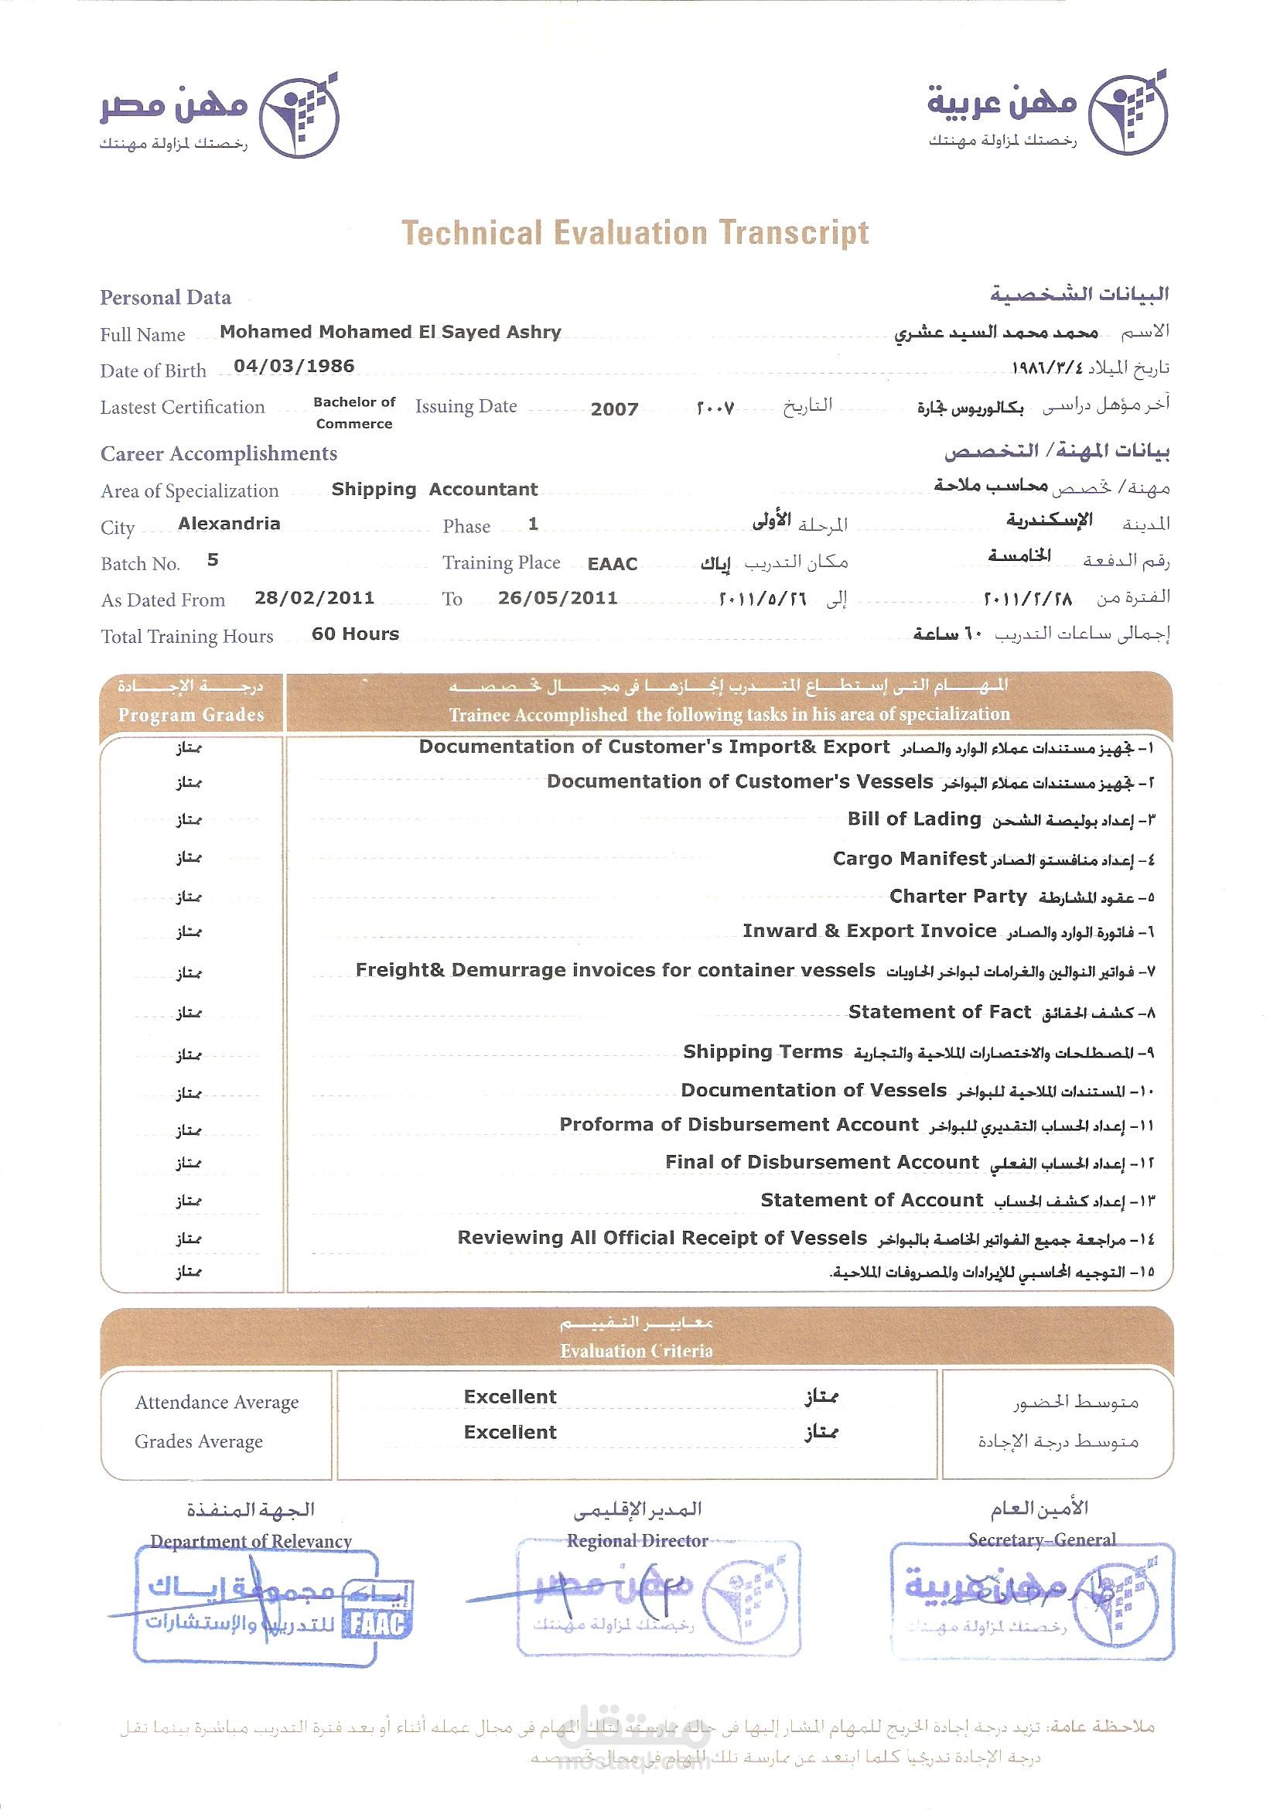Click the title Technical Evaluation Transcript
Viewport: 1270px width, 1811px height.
click(x=635, y=233)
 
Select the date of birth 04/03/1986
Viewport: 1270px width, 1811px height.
click(x=294, y=366)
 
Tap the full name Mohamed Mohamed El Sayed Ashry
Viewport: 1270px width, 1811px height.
click(x=391, y=332)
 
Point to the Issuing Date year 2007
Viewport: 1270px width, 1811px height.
click(x=614, y=408)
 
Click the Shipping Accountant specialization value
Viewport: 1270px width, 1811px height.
click(x=435, y=489)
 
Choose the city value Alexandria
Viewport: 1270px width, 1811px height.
click(x=230, y=524)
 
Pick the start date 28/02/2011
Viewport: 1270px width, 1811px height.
click(x=314, y=598)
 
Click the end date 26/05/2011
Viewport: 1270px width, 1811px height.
click(x=558, y=598)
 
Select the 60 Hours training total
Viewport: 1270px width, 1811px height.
click(x=356, y=634)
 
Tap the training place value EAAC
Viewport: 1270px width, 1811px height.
click(x=612, y=564)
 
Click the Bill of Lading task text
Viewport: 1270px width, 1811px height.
click(x=914, y=818)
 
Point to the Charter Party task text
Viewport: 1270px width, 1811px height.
click(x=958, y=896)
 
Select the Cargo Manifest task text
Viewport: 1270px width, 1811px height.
click(x=910, y=858)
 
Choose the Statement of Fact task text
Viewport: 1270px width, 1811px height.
click(x=940, y=1012)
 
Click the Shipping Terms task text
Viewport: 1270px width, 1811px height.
click(x=763, y=1051)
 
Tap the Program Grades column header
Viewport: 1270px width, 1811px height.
click(x=191, y=715)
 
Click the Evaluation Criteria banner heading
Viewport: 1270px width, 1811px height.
click(x=637, y=1351)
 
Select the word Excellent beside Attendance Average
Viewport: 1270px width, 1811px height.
click(x=510, y=1397)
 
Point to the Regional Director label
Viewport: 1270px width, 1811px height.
click(x=637, y=1541)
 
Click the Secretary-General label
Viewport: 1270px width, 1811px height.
click(x=1042, y=1539)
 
